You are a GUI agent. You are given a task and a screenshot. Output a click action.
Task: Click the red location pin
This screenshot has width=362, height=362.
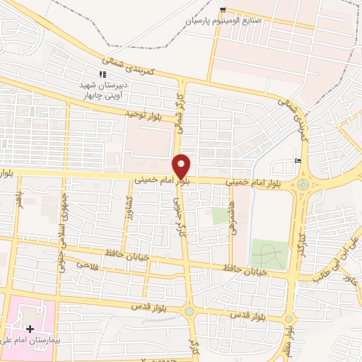point(182,166)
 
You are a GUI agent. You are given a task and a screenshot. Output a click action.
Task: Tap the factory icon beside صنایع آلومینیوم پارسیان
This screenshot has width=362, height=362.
point(223,9)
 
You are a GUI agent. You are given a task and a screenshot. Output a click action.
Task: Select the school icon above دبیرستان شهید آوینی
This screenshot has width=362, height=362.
point(103,74)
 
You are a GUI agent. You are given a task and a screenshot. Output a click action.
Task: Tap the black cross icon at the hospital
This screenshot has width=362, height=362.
point(30,329)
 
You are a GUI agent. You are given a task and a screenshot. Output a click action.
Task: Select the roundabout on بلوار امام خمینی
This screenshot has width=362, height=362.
point(304,185)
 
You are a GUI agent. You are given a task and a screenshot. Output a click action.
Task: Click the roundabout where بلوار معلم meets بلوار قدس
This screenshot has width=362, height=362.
point(288,318)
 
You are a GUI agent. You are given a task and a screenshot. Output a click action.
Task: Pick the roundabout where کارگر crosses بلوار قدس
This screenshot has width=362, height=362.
point(189,311)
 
